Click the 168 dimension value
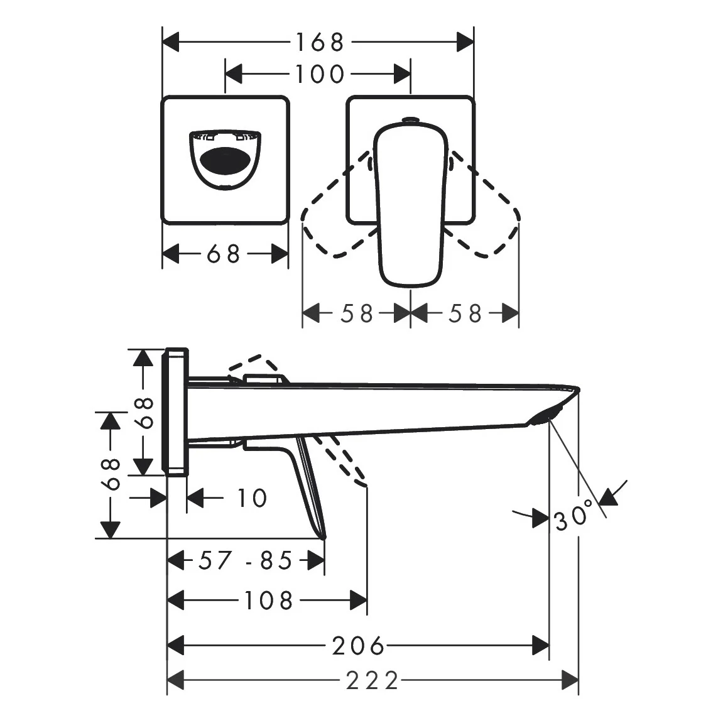319,42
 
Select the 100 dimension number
319,73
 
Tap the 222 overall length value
372,680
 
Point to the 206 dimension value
358,645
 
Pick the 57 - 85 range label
246,560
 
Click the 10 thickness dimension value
252,498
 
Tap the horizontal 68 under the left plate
224,254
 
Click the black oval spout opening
225,160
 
